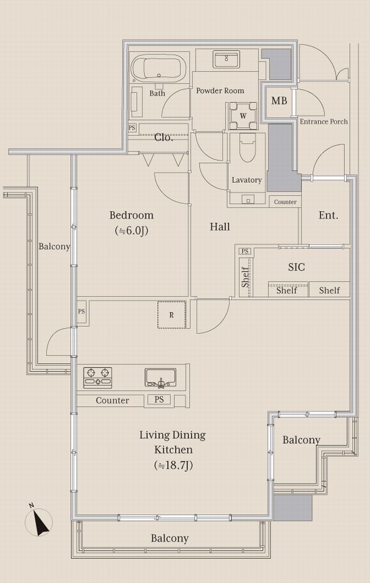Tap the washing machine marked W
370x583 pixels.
click(243, 115)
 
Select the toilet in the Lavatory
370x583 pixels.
click(247, 148)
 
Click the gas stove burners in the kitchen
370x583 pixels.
click(97, 377)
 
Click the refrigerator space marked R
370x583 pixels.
click(171, 314)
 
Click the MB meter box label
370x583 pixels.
click(279, 101)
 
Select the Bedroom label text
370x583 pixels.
click(131, 215)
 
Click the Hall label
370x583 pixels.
click(220, 227)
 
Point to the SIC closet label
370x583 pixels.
click(297, 267)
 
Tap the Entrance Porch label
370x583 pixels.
click(324, 121)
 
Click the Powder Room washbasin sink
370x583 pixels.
click(226, 59)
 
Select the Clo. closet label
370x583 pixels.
click(163, 137)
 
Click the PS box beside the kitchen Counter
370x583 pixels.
click(159, 400)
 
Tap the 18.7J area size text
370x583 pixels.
click(173, 465)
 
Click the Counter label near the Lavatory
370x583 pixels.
click(286, 202)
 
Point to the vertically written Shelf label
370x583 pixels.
click(245, 277)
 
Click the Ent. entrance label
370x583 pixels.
click(329, 216)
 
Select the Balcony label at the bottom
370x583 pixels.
click(170, 539)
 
